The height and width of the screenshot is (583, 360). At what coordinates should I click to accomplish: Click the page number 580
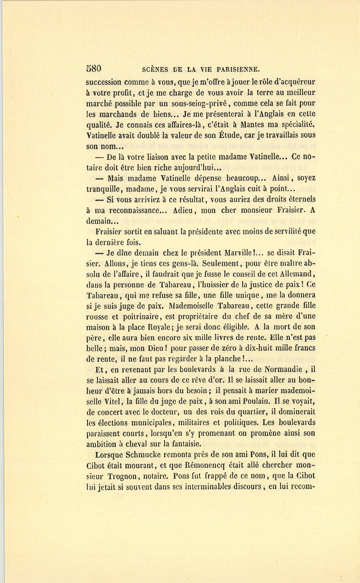tap(94, 68)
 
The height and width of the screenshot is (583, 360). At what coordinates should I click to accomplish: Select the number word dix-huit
tap(258, 348)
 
